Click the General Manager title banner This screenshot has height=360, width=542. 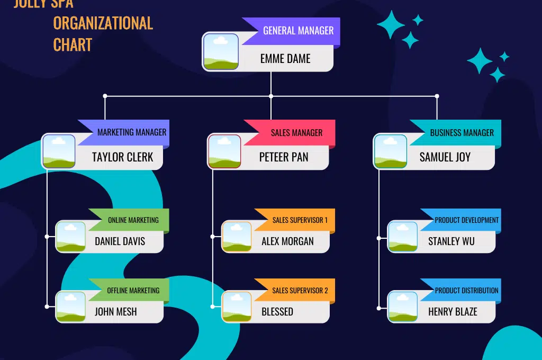click(x=298, y=31)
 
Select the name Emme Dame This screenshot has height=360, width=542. click(x=285, y=59)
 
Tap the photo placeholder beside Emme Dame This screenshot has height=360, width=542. click(x=221, y=52)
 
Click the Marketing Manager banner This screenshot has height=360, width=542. click(x=131, y=132)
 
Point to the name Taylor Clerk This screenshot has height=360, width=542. click(x=122, y=157)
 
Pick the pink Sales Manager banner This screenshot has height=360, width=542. click(x=296, y=133)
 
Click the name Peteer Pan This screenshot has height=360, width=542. click(x=284, y=157)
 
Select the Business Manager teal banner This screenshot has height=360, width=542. click(x=462, y=133)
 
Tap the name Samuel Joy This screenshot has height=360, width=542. click(x=445, y=157)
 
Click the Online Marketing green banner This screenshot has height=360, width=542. click(x=133, y=220)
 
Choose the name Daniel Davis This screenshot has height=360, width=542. click(x=120, y=241)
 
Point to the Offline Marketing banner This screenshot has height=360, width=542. click(x=133, y=291)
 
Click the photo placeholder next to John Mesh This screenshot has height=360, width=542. click(x=71, y=307)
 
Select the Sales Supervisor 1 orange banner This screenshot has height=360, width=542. click(x=300, y=220)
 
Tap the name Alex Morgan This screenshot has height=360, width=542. click(x=287, y=241)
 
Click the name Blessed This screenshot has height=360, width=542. click(x=277, y=312)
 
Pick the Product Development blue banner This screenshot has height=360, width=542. click(x=466, y=220)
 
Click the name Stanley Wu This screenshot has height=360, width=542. click(x=451, y=241)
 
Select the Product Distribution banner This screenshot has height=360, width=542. click(x=466, y=291)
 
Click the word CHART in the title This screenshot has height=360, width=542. click(x=73, y=45)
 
